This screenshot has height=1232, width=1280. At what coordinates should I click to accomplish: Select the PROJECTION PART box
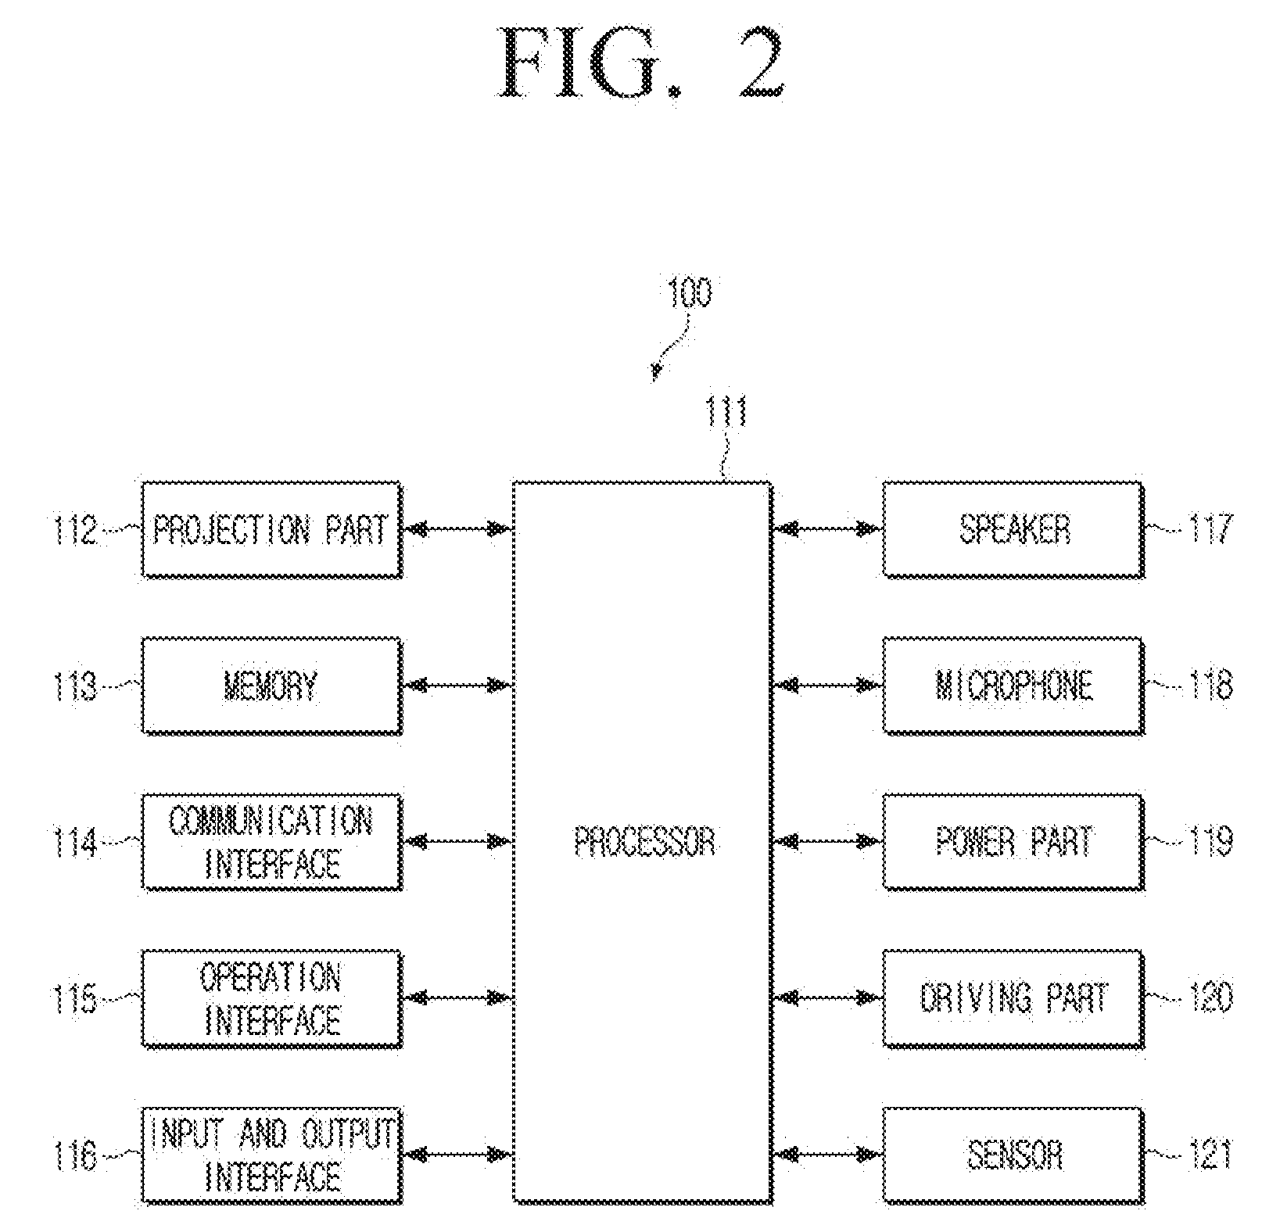point(271,530)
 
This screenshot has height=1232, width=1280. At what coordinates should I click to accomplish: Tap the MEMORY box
point(271,686)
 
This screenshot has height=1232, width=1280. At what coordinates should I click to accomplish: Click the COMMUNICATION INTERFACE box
point(271,842)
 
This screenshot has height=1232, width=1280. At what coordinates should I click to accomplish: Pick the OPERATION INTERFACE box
point(271,998)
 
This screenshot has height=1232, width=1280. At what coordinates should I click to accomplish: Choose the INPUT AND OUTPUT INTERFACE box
point(271,1155)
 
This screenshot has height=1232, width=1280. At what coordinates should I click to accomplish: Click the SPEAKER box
point(1013,530)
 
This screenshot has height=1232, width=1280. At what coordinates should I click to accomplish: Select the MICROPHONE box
point(1013,686)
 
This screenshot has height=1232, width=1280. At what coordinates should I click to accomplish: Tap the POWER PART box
point(1013,842)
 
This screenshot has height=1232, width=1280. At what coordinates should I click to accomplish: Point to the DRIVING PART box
point(1013,998)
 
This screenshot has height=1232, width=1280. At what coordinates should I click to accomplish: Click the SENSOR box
point(1013,1155)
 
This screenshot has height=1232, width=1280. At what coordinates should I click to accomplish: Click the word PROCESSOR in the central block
point(645,842)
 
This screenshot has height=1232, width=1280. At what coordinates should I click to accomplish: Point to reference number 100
point(690,294)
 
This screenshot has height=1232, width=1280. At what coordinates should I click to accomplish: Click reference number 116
point(75,1155)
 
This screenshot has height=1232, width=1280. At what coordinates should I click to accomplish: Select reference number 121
point(1210,1155)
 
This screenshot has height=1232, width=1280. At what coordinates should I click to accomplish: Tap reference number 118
point(1210,686)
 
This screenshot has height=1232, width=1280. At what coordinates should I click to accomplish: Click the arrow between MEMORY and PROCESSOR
point(457,686)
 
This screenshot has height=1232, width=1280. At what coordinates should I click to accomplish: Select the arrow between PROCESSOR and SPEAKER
point(827,530)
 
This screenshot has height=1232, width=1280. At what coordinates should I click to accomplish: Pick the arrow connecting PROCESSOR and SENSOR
point(827,1155)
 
